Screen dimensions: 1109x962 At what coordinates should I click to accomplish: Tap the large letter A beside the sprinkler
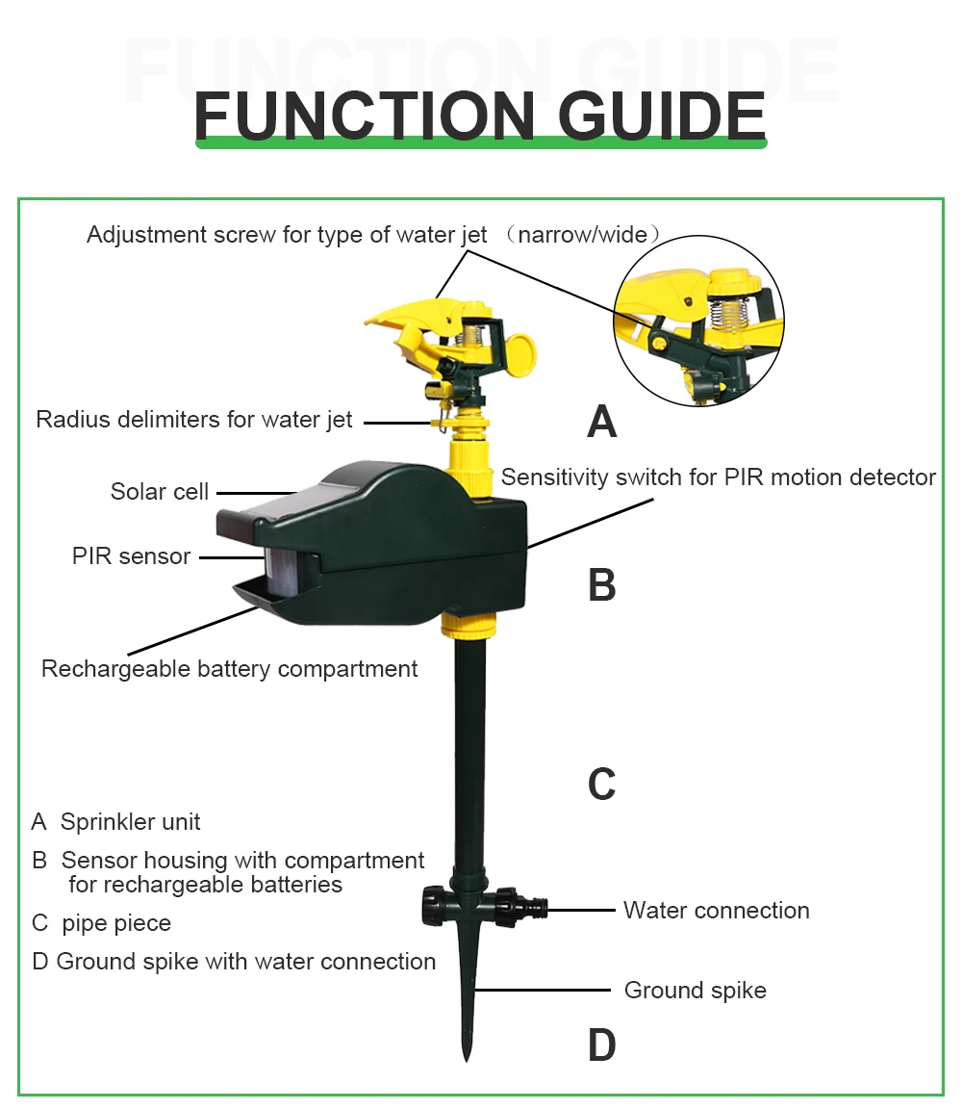[602, 422]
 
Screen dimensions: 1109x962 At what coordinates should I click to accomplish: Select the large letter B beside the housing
[602, 584]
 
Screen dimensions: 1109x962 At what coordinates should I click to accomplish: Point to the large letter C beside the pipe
[602, 785]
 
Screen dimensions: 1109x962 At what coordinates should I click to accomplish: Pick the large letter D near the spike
[602, 1045]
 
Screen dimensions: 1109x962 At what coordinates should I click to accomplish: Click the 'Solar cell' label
[160, 492]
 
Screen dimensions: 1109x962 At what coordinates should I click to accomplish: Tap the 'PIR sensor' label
[131, 556]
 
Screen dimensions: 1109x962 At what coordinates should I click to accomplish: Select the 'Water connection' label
[716, 910]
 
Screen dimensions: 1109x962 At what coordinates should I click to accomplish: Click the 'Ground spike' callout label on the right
[695, 991]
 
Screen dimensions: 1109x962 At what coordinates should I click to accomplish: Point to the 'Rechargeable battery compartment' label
[229, 669]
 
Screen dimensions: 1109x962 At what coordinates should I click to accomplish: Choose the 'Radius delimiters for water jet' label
[194, 420]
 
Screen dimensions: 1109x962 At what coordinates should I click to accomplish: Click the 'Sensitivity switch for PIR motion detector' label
[718, 477]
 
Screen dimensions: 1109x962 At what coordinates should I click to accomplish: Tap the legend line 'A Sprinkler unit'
[116, 821]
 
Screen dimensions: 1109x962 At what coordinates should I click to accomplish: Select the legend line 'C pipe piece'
[102, 923]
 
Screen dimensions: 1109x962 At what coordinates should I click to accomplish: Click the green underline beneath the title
[481, 143]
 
